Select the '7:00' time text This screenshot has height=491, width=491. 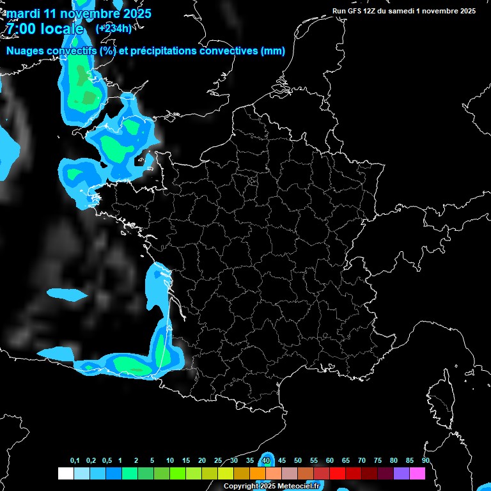[20, 29]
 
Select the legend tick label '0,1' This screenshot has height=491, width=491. [75, 460]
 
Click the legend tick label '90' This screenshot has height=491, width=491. [425, 460]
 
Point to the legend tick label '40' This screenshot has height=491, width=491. [266, 460]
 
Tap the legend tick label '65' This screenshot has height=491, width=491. [346, 460]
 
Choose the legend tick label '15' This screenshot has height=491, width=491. [186, 460]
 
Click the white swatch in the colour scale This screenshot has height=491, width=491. [65, 473]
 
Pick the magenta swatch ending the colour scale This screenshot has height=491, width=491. [417, 473]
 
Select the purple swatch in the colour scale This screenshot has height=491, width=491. [401, 473]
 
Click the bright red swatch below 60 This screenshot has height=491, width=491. [337, 473]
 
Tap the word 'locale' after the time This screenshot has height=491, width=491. [61, 29]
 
